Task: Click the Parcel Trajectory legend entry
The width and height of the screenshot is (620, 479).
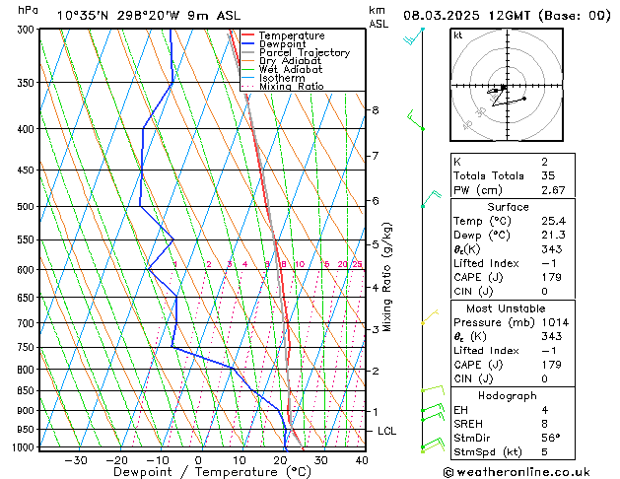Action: (304, 53)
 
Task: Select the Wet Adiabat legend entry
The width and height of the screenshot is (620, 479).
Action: (292, 70)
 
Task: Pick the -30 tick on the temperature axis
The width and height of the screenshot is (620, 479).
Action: (76, 460)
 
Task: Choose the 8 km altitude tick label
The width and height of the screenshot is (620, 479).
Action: (376, 109)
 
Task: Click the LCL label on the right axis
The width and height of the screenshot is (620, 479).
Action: (387, 432)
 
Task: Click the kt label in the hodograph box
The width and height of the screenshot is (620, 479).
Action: (457, 35)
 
